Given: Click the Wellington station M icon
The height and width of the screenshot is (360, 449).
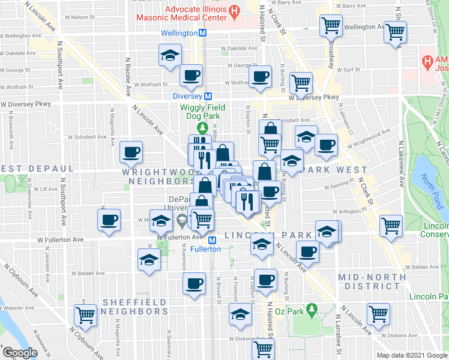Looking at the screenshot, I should (203, 33).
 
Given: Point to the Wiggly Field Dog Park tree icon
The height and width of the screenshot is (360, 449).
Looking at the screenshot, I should (203, 128).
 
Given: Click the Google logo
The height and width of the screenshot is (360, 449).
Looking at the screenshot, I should (20, 353).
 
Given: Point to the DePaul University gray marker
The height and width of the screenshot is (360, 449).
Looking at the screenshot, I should (181, 224).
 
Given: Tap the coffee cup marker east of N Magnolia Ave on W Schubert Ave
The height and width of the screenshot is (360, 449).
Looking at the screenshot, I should (131, 152).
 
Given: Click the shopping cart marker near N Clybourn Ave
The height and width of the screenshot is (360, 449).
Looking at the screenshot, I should (86, 314).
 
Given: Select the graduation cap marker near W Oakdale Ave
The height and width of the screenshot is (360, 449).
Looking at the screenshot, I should (170, 55).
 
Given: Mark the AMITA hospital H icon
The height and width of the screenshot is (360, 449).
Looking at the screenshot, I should (427, 61).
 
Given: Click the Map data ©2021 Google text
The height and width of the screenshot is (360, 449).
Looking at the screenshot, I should (412, 355).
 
